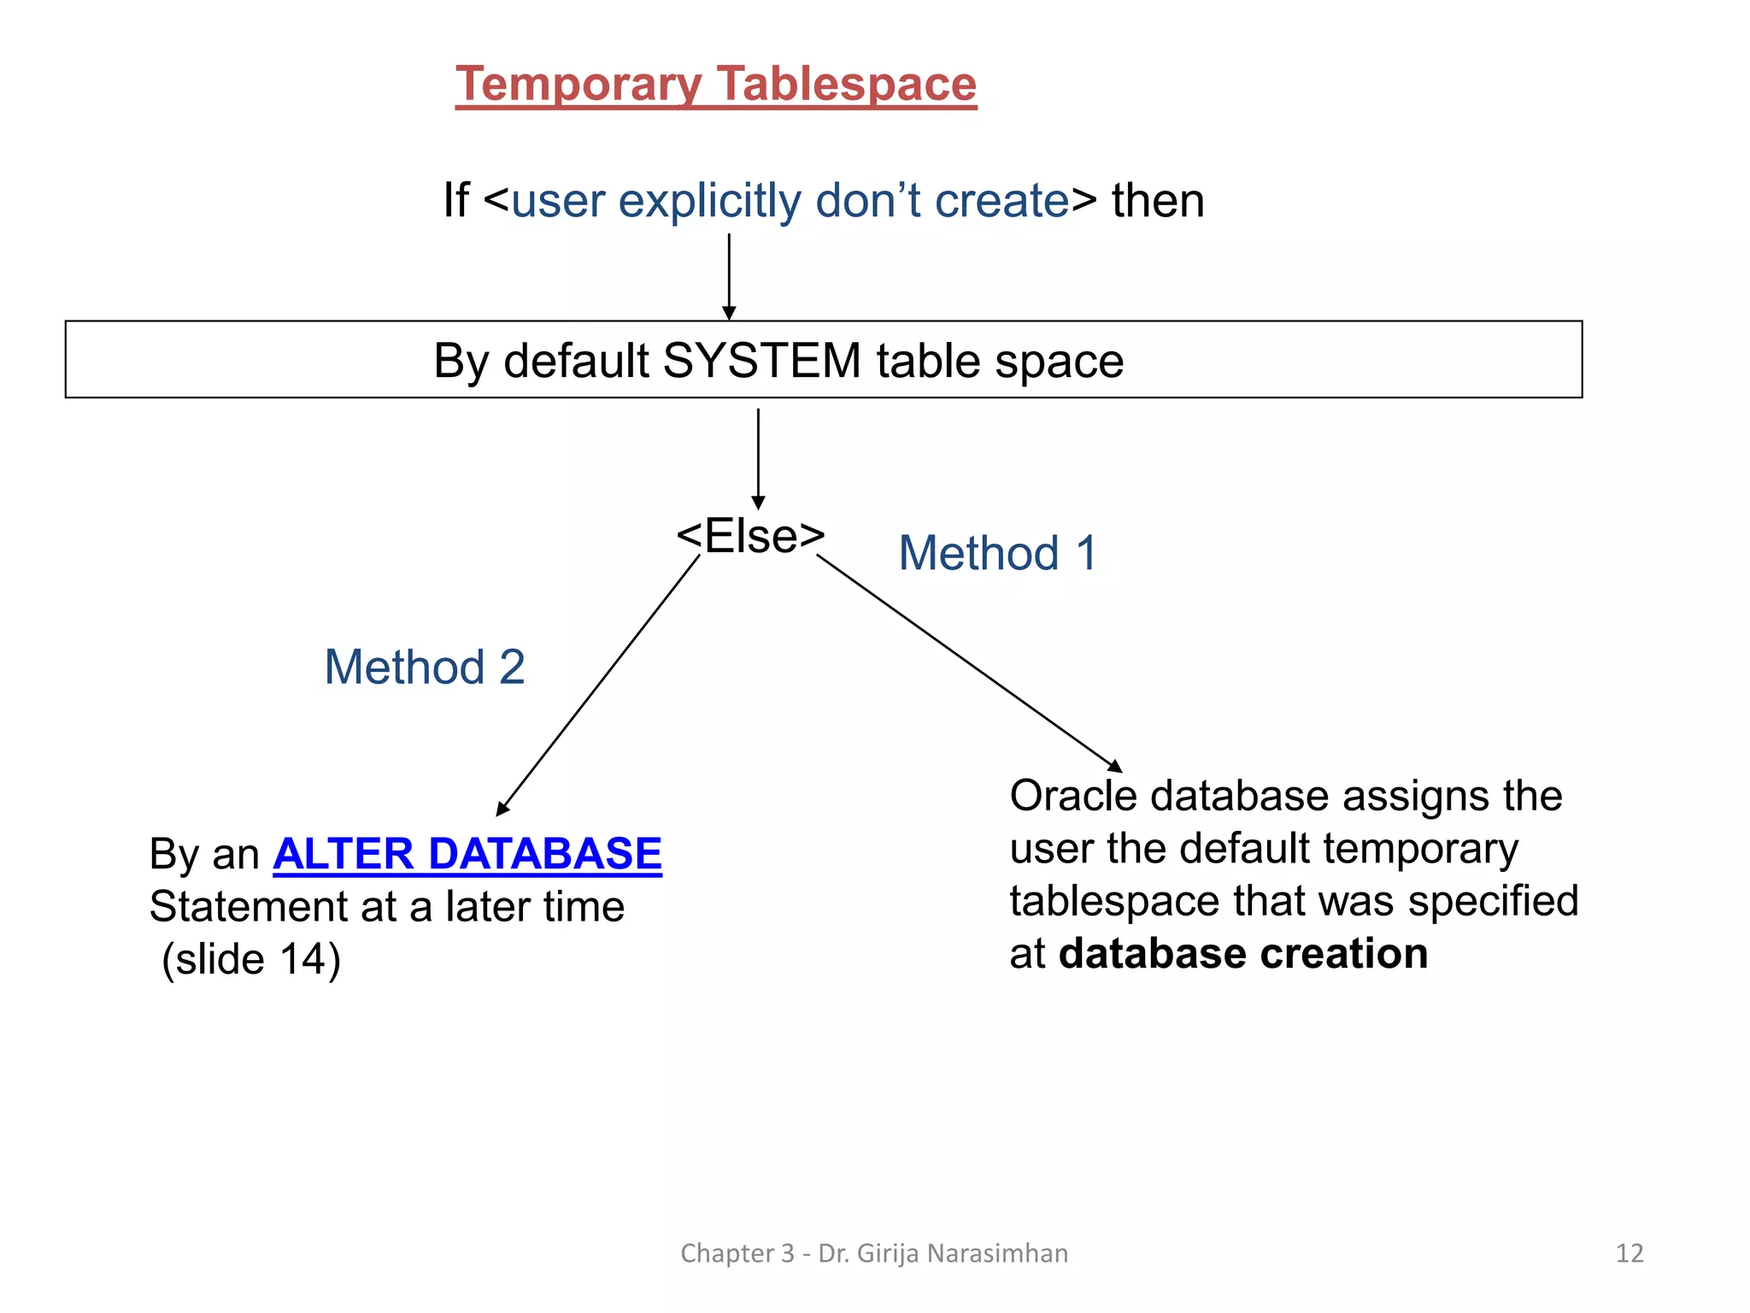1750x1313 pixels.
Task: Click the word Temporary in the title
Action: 578,85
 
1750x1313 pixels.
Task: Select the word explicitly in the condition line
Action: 709,201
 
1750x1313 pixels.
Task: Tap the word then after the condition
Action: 1157,201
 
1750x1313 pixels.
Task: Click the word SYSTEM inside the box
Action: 761,360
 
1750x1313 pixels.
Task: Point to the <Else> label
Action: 750,536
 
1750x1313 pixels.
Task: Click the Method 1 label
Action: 997,553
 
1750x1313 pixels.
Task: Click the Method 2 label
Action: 425,667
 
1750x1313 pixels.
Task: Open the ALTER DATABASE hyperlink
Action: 467,854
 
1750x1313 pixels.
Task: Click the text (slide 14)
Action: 251,959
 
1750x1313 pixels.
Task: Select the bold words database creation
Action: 1242,954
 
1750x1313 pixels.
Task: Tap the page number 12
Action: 1629,1253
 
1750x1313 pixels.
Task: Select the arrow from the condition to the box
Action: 729,275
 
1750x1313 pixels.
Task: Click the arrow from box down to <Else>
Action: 758,457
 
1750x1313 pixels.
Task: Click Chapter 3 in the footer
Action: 737,1253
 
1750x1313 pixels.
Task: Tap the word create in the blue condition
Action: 1001,201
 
